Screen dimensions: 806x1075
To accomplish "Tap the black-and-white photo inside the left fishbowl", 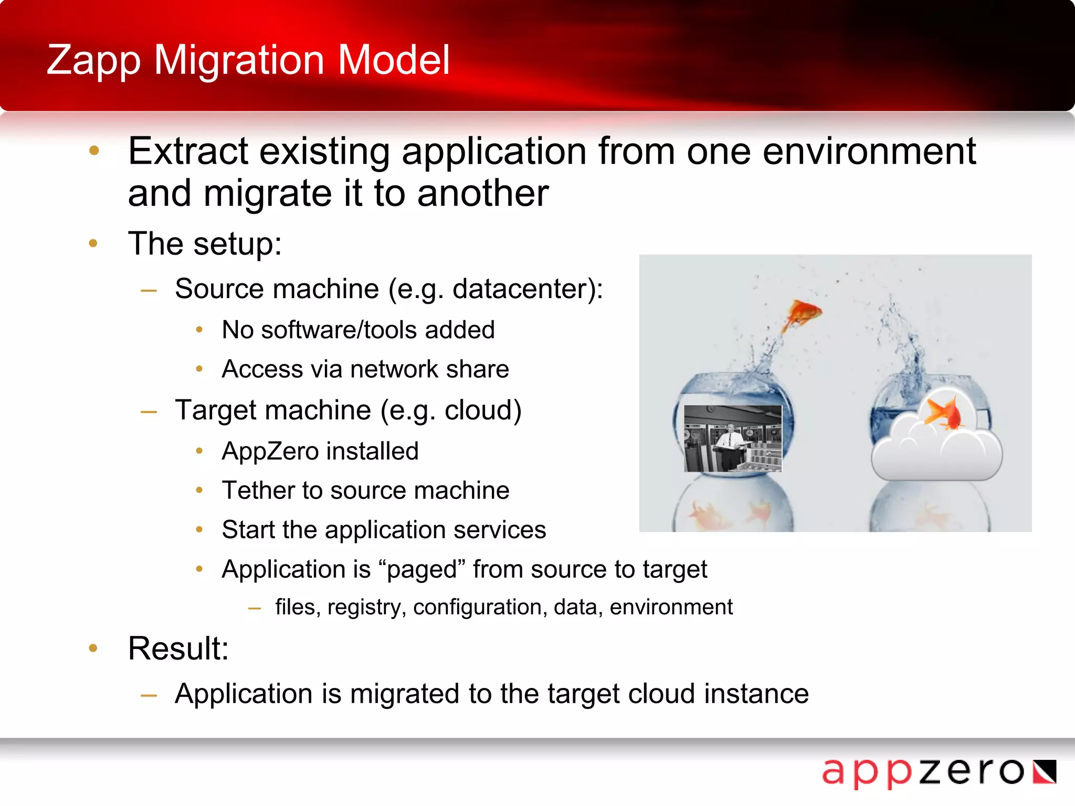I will tap(733, 439).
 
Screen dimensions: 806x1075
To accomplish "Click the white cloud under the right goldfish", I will tap(937, 454).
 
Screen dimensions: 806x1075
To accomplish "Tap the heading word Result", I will tap(177, 649).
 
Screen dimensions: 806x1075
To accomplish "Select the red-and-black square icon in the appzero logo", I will tap(1044, 772).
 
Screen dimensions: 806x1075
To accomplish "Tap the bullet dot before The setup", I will tap(93, 243).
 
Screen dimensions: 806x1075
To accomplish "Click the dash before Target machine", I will tap(149, 412).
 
